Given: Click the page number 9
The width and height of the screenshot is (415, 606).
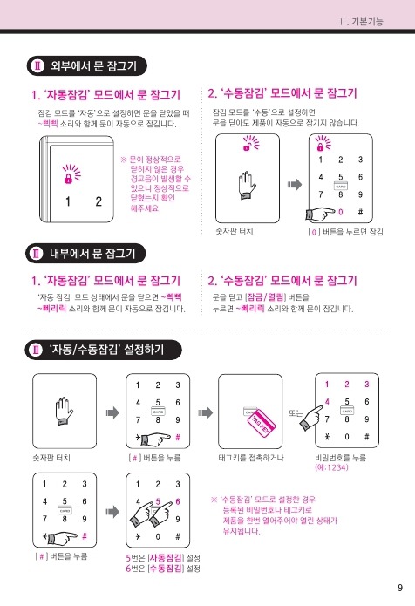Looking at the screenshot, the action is pos(400,588).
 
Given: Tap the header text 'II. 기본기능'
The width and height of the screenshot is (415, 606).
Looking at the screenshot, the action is pos(362,22).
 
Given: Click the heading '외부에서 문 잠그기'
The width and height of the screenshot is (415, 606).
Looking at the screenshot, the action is pos(94,65).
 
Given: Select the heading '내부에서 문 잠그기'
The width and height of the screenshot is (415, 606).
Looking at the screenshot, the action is pos(92,254).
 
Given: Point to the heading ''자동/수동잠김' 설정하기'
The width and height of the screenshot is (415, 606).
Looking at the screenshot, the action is pos(106,350).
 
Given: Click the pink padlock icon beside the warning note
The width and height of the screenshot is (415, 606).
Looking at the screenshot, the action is pos(68,179).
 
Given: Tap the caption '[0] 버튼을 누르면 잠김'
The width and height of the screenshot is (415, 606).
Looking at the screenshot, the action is pos(345,232).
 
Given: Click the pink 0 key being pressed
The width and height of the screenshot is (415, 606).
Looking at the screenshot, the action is pos(340,212).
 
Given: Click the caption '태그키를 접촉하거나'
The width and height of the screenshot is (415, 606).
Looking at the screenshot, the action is pos(251,458).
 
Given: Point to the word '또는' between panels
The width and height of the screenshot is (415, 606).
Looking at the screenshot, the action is pos(296,412).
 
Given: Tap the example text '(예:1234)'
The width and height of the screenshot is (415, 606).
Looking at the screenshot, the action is pos(331,467).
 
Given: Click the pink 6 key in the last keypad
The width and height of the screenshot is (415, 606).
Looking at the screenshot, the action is pos(178,501).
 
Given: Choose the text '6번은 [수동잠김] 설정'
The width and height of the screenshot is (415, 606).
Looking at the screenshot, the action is pos(163,569).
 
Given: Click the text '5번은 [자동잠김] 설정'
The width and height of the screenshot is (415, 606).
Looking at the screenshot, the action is pos(163,558).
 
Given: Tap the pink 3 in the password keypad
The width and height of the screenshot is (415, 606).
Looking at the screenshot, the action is pos(367,385).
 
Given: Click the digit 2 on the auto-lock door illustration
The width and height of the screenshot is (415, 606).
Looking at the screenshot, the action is pos(99,201).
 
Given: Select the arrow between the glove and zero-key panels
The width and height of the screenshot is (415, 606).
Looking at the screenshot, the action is pos(295,185).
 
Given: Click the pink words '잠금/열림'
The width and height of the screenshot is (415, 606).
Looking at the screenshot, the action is pos(266,296).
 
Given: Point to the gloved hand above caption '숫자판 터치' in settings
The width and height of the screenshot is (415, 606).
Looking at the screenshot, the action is pos(64,412).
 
